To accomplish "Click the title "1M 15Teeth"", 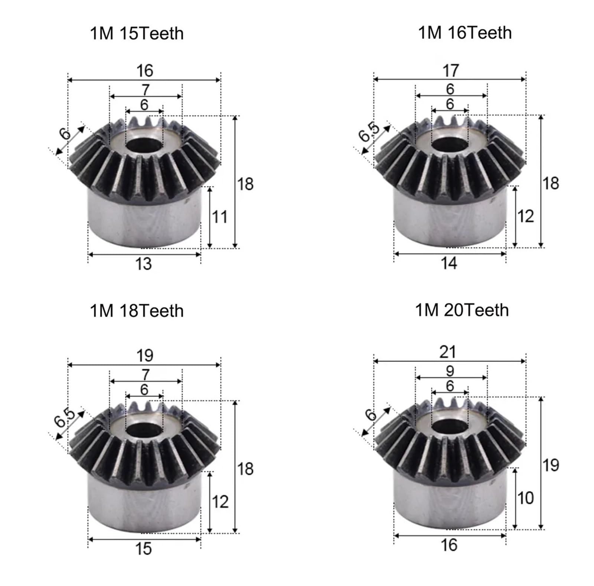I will (x=137, y=33).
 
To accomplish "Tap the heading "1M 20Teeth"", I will (x=461, y=310).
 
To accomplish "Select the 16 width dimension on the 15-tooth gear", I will (x=144, y=71).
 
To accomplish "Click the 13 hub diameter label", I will (x=143, y=264).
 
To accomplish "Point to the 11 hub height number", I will (x=219, y=217).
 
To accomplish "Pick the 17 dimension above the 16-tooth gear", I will (x=450, y=71).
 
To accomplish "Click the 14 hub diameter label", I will (x=449, y=263).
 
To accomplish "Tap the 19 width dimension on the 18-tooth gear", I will (x=144, y=356).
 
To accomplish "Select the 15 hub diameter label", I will (x=143, y=549).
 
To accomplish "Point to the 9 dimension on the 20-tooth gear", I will (x=450, y=371).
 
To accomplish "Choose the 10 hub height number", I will (x=525, y=498).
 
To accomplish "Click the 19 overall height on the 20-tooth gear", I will (x=550, y=465).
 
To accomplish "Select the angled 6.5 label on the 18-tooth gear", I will (x=65, y=419).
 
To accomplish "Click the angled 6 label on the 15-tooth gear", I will (x=65, y=133).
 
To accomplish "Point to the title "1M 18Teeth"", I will (x=137, y=311).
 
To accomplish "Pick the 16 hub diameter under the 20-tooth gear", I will (x=449, y=545).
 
